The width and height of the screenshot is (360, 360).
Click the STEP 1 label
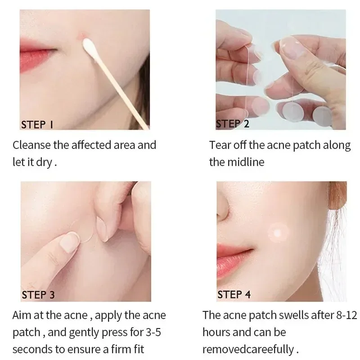click(37, 124)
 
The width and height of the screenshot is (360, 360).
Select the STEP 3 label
click(38, 295)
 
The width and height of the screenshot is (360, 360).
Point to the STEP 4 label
click(234, 295)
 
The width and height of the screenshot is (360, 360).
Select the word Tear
click(219, 145)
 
